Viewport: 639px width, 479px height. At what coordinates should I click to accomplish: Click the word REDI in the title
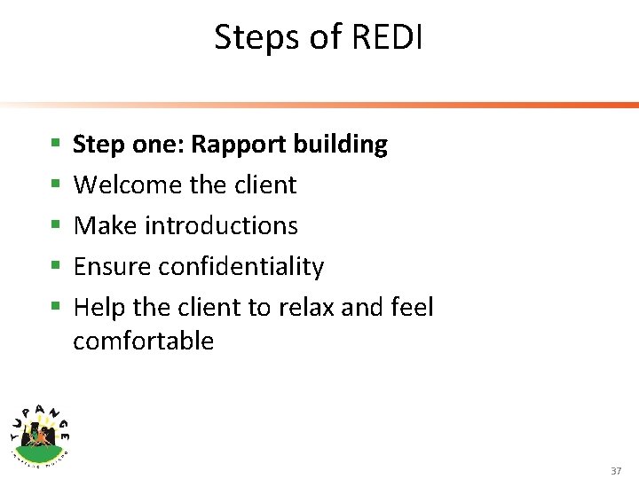[x=388, y=37]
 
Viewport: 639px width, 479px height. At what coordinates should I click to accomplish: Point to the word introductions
[x=221, y=226]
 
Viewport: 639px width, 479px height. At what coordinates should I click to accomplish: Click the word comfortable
[x=143, y=342]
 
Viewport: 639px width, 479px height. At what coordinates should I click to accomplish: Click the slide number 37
[x=616, y=471]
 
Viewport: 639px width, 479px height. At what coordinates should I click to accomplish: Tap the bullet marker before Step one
[x=55, y=143]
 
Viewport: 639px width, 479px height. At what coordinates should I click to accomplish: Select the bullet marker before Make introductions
[x=55, y=224]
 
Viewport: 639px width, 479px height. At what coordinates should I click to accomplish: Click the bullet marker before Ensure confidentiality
[x=55, y=265]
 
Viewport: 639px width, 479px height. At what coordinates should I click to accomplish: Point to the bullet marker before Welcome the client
[x=55, y=184]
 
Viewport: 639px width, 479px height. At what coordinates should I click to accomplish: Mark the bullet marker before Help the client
[x=55, y=306]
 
